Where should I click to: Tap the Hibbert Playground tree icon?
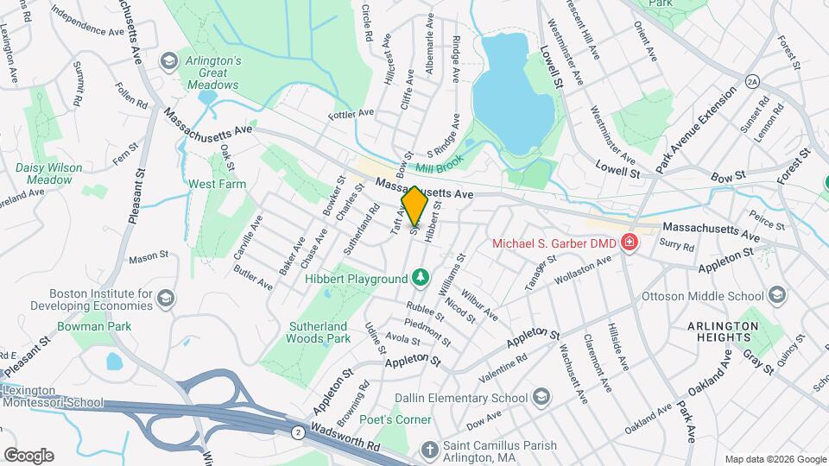pyautogui.click(x=420, y=278)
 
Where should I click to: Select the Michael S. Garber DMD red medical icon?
pyautogui.click(x=629, y=242)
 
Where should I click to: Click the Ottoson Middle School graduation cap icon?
pyautogui.click(x=777, y=296)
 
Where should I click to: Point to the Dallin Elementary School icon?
pyautogui.click(x=541, y=397)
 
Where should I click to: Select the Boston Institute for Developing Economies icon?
pyautogui.click(x=166, y=299)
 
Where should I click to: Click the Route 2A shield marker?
pyautogui.click(x=752, y=80)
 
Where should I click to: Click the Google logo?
pyautogui.click(x=28, y=455)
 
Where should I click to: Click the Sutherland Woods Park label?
pyautogui.click(x=319, y=332)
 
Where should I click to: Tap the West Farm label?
pyautogui.click(x=218, y=184)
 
